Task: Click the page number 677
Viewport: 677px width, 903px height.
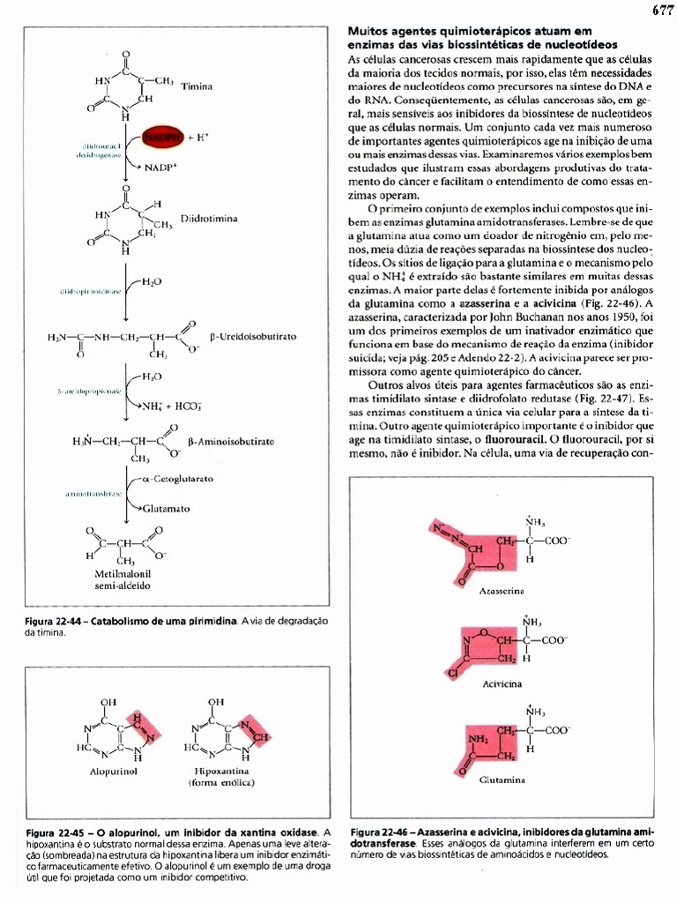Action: point(662,11)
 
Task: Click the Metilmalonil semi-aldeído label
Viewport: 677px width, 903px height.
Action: point(123,579)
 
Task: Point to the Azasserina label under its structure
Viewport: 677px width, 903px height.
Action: point(502,588)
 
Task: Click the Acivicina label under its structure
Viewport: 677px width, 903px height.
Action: point(502,683)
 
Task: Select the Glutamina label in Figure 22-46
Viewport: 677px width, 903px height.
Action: point(502,780)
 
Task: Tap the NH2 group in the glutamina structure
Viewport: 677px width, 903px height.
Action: point(476,738)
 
